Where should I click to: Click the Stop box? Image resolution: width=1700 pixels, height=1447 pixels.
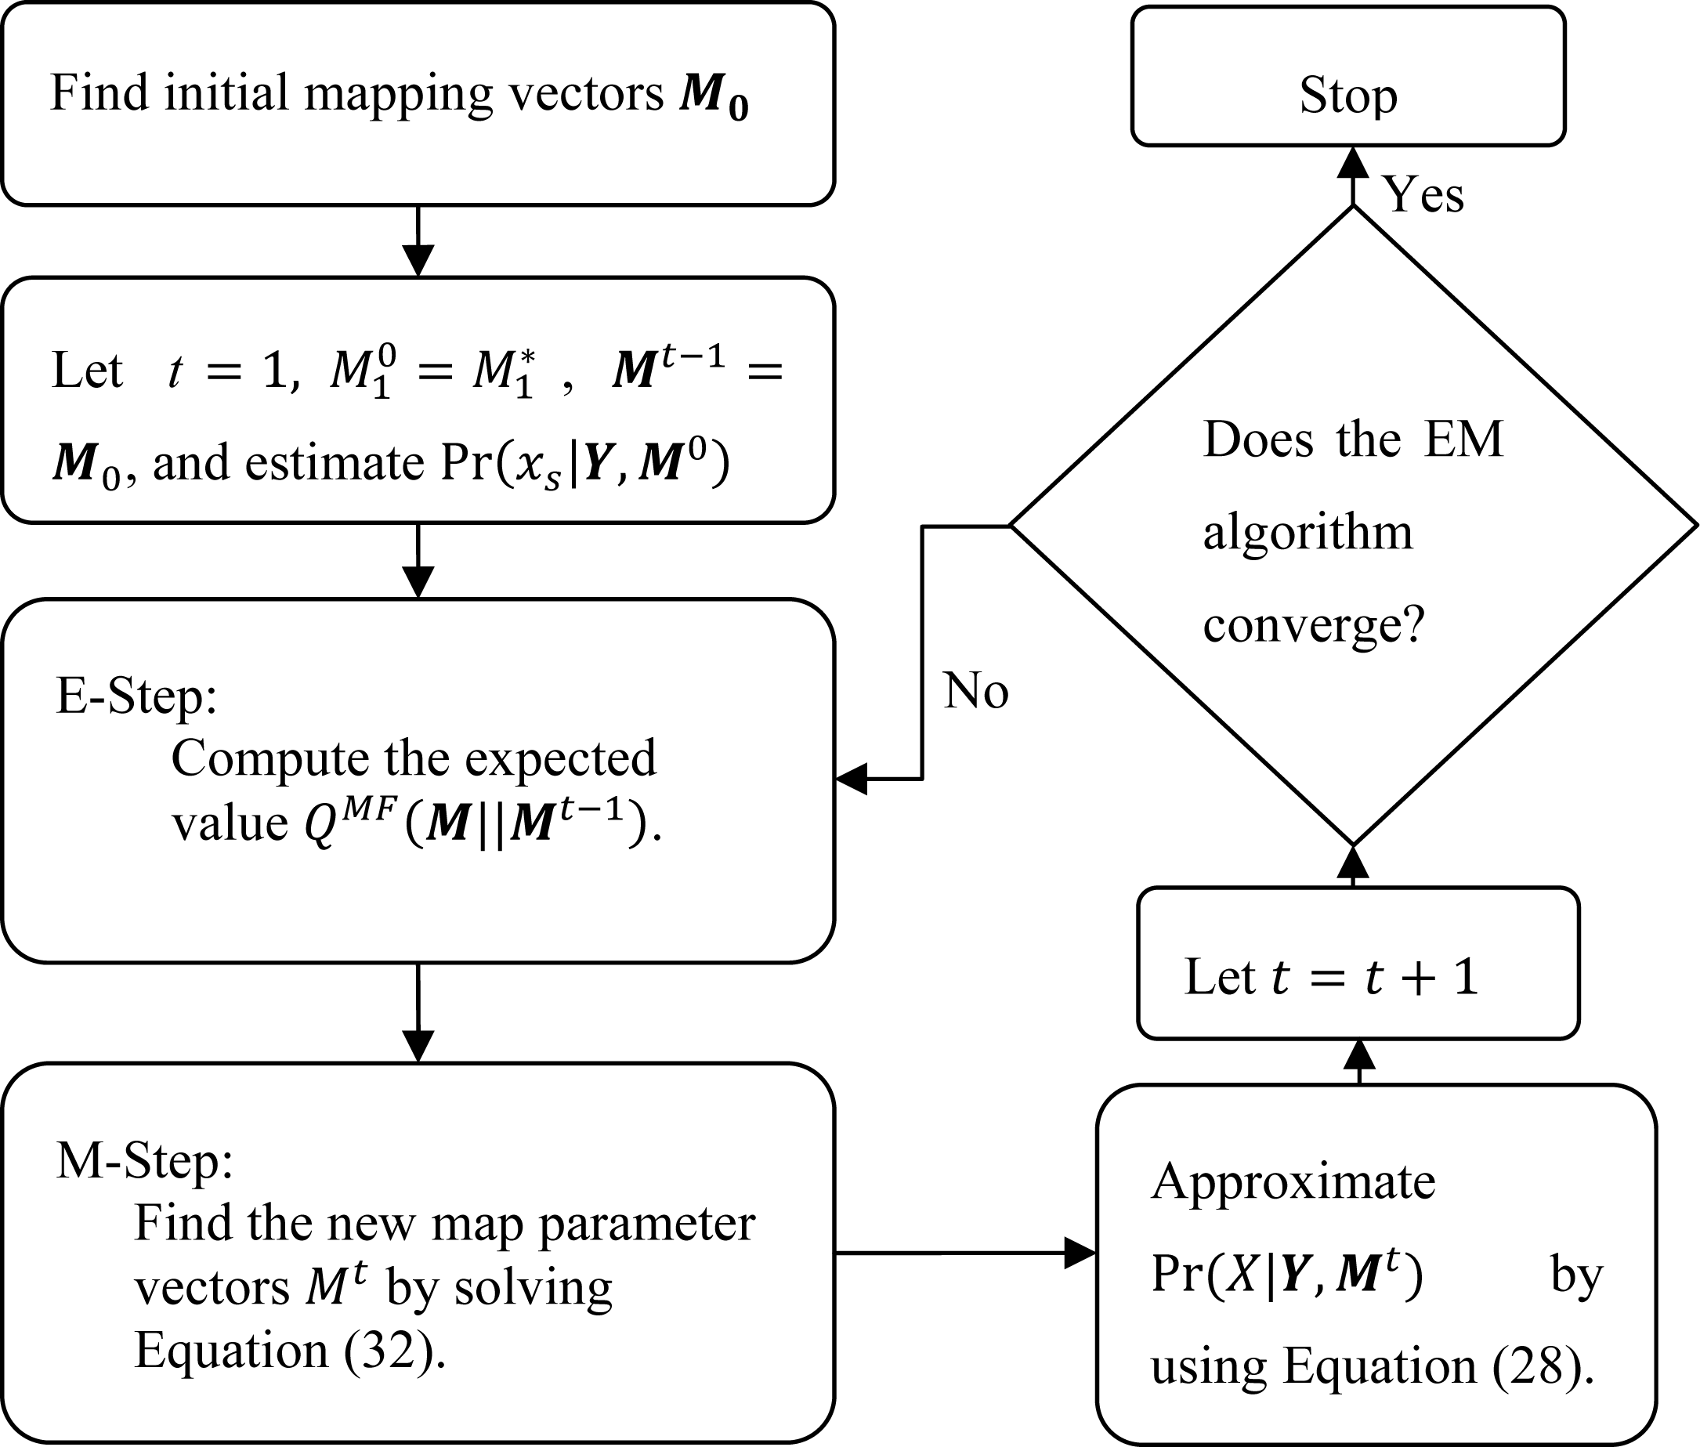[1347, 76]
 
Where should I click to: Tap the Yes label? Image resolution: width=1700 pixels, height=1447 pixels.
[1423, 195]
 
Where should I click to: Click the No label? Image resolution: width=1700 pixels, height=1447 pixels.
[975, 690]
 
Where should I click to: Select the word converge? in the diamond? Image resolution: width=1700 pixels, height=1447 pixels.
[1314, 625]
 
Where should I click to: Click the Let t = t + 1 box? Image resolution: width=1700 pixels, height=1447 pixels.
[1357, 963]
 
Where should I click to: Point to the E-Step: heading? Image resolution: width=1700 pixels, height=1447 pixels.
[136, 696]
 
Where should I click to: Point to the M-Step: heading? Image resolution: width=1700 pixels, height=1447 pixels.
[144, 1161]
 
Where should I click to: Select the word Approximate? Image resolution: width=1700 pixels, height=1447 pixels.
[1293, 1181]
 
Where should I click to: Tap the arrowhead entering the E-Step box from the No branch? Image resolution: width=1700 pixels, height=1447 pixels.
[852, 779]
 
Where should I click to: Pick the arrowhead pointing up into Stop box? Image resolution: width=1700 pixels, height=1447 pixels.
[1352, 162]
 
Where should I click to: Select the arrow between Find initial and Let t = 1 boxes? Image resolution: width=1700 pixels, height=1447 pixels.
[418, 242]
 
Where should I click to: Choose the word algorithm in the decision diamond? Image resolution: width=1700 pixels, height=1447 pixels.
[1308, 533]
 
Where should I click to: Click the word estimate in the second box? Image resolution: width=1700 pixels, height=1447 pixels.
[334, 464]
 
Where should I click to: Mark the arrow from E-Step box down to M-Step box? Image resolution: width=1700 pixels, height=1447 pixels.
[418, 1013]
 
